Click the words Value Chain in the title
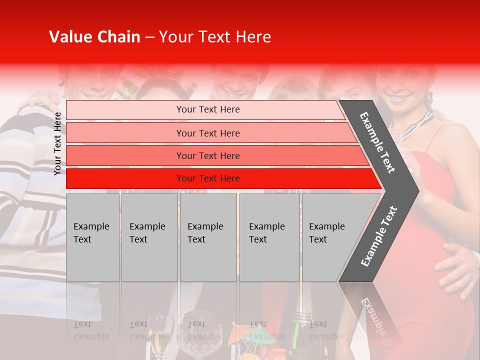pos(94,37)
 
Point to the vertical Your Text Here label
pos(57,143)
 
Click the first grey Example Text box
pos(92,237)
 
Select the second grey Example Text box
pos(149,237)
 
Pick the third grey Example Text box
pos(208,237)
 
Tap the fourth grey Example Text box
pos(269,237)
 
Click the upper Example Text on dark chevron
pos(377,142)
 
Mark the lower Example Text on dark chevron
pos(378,236)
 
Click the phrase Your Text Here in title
pos(215,37)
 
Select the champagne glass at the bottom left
pos(160,332)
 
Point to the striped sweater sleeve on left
pos(30,200)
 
